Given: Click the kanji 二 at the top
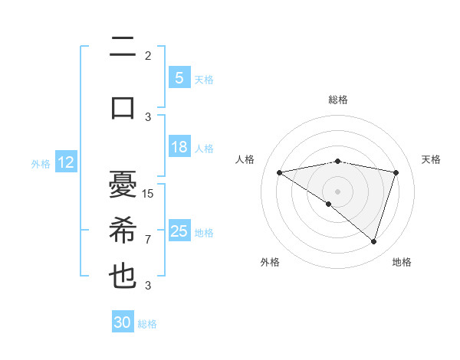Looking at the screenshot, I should (x=123, y=47).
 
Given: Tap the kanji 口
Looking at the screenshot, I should (x=123, y=106).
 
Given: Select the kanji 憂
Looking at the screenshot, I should (x=123, y=185).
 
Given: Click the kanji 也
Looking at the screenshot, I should (x=123, y=276).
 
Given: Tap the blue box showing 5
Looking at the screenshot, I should (x=179, y=77).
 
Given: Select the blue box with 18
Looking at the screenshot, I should (x=179, y=147).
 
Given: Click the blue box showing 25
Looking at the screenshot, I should (x=179, y=231).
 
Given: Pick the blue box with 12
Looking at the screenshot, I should (x=66, y=162).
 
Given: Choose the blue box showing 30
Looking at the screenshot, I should (x=122, y=322).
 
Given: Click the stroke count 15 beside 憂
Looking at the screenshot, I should (x=148, y=193).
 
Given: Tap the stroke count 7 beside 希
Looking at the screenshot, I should (x=148, y=239).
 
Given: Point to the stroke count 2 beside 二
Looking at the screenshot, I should (x=148, y=56).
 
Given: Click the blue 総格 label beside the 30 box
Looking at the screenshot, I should (x=147, y=324).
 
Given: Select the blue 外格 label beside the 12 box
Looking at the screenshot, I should (x=41, y=163).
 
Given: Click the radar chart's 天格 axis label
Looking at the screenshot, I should (x=431, y=159).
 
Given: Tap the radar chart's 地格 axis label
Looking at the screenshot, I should (x=402, y=262).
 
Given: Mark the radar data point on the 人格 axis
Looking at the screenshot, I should (x=279, y=172).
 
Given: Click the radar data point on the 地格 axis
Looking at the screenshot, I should (x=373, y=241).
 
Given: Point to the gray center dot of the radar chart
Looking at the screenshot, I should (x=337, y=191).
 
